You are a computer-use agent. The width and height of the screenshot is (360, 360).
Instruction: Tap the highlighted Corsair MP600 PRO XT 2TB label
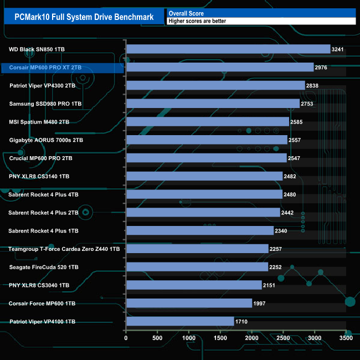tap(45, 68)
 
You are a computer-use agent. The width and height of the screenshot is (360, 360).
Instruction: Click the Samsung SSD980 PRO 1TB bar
tap(213, 104)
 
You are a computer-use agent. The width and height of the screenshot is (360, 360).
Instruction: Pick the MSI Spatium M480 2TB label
tap(39, 122)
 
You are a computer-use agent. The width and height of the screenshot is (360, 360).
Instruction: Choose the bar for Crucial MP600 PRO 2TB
tap(206, 158)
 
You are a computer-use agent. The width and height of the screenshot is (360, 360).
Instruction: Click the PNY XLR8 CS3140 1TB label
tap(39, 176)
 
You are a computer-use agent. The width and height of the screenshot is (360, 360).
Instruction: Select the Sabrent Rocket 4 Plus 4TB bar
tap(204, 194)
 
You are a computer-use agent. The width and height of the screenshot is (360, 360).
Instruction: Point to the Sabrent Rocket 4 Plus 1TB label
tap(44, 230)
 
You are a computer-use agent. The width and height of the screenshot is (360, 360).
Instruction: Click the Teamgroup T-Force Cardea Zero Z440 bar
tap(197, 249)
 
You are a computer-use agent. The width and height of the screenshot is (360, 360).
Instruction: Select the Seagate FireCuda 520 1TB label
tap(44, 267)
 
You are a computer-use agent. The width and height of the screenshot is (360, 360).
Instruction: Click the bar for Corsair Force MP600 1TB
tap(189, 303)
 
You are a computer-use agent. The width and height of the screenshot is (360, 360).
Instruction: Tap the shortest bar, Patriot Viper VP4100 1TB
tap(180, 321)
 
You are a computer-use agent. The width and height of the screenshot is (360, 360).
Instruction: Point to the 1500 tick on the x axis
tap(220, 337)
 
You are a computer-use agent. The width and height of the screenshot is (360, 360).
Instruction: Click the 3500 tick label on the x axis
tap(346, 337)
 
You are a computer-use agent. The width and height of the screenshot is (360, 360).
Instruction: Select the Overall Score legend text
tap(186, 13)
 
